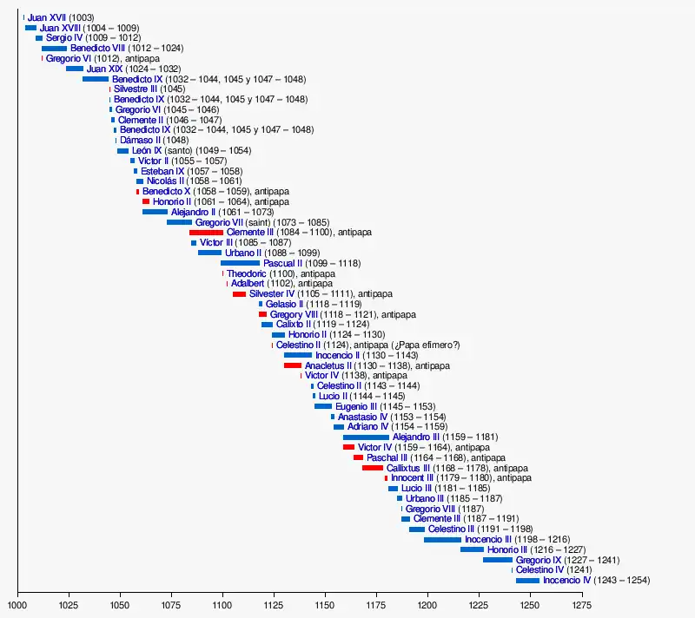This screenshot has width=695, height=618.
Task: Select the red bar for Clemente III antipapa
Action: [x=206, y=233]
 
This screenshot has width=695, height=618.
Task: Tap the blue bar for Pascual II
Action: [x=240, y=263]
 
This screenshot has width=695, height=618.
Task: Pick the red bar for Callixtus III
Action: [x=373, y=468]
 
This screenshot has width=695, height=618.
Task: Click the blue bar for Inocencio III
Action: [x=442, y=539]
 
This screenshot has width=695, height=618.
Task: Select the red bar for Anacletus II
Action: [x=293, y=365]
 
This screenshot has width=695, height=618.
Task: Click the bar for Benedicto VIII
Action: [x=54, y=49]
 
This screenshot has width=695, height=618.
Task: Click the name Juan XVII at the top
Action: [x=47, y=17]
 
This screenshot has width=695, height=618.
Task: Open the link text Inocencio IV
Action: [x=566, y=580]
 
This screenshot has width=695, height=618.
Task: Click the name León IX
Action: [x=147, y=150]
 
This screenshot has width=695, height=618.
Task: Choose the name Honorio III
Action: [x=507, y=549]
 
